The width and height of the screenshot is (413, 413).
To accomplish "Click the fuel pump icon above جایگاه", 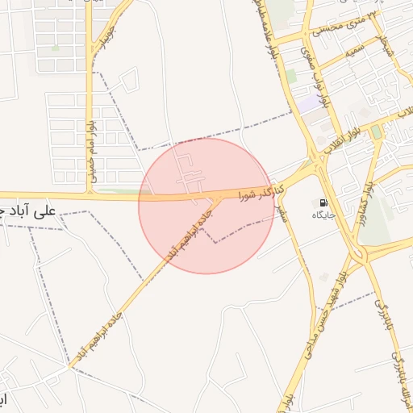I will point(324,203).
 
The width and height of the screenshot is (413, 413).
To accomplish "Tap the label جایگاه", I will point(325,216).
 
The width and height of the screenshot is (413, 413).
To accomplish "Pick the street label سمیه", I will point(357,52).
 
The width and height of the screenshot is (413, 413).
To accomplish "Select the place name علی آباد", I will point(32,211).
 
